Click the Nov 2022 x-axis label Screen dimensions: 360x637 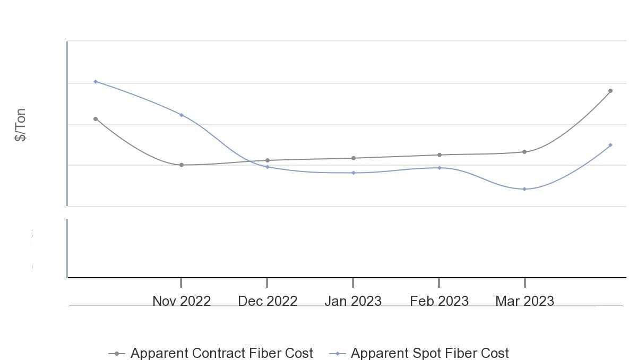pos(182,301)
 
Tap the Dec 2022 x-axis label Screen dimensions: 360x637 pos(268,301)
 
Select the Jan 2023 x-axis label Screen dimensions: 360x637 pos(353,301)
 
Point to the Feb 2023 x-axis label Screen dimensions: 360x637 pos(439,301)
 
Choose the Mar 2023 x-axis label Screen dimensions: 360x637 pos(524,301)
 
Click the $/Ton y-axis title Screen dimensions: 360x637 pos(20,125)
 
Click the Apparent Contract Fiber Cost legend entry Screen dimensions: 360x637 pos(221,353)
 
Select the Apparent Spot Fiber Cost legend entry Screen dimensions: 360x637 pos(429,353)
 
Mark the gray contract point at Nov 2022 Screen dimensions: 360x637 pos(182,165)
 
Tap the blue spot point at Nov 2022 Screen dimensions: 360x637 pos(182,115)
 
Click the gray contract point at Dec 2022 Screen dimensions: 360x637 pos(268,160)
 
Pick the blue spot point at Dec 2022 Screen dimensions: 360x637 pos(268,167)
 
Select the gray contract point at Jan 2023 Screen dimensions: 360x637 pos(354,158)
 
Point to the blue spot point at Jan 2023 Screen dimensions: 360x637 pos(354,173)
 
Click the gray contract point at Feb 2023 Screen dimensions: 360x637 pos(439,155)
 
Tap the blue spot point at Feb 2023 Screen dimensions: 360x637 pos(439,168)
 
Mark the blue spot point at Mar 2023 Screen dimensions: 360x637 pos(524,189)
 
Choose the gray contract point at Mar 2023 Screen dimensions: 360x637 pos(524,152)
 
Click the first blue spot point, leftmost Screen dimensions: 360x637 pos(96,82)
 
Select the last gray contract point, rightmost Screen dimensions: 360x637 pos(610,91)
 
